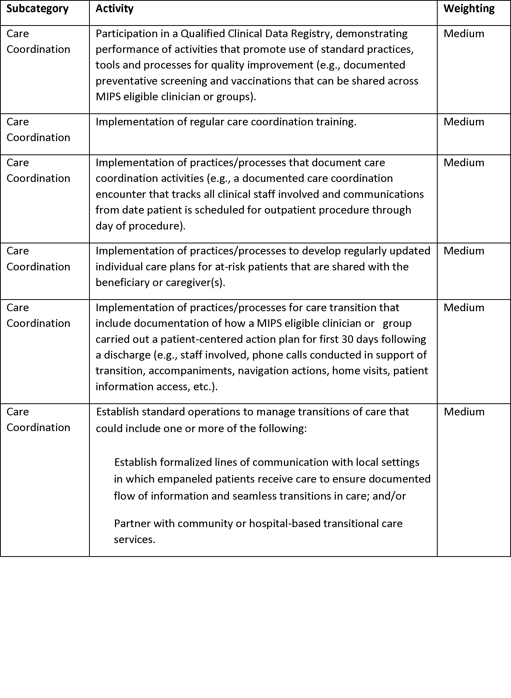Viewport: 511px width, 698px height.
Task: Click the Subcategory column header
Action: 37,9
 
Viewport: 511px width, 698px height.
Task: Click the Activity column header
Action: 114,9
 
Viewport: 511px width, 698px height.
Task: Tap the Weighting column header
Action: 469,9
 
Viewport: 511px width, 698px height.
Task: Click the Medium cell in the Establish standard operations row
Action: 464,412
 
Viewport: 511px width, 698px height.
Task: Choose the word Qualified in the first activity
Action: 203,34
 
